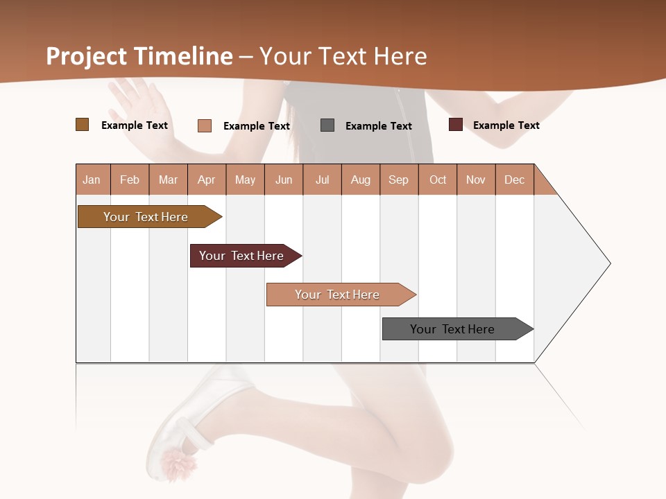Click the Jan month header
[x=92, y=180]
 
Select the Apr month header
[x=207, y=180]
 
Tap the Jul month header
[x=322, y=180]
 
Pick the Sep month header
[x=398, y=180]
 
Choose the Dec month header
[x=514, y=180]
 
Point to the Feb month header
[x=130, y=180]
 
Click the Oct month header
[x=438, y=180]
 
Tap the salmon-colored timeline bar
[x=339, y=295]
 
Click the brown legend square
[x=82, y=125]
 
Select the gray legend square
[x=327, y=125]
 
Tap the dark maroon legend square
[x=456, y=125]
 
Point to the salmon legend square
[x=205, y=125]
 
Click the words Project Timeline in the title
[x=139, y=56]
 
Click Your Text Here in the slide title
[x=343, y=56]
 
